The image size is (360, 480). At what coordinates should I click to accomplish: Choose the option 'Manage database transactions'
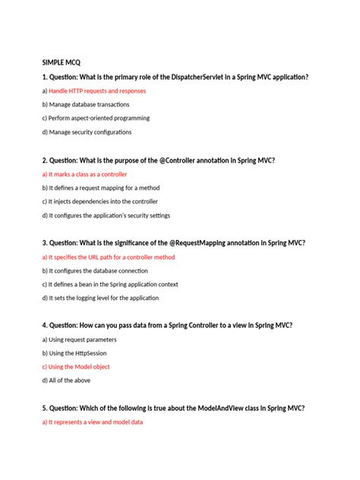click(86, 104)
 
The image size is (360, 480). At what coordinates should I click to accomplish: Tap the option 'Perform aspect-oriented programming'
click(96, 118)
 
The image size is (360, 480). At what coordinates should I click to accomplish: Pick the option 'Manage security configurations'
click(87, 132)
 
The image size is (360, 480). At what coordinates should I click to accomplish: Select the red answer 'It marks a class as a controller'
click(84, 174)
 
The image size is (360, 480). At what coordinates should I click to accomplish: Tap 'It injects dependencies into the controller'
click(99, 201)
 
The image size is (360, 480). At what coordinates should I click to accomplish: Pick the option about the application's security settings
click(106, 216)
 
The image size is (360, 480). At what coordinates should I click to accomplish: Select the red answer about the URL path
click(109, 257)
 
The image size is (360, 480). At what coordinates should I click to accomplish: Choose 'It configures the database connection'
click(94, 270)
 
